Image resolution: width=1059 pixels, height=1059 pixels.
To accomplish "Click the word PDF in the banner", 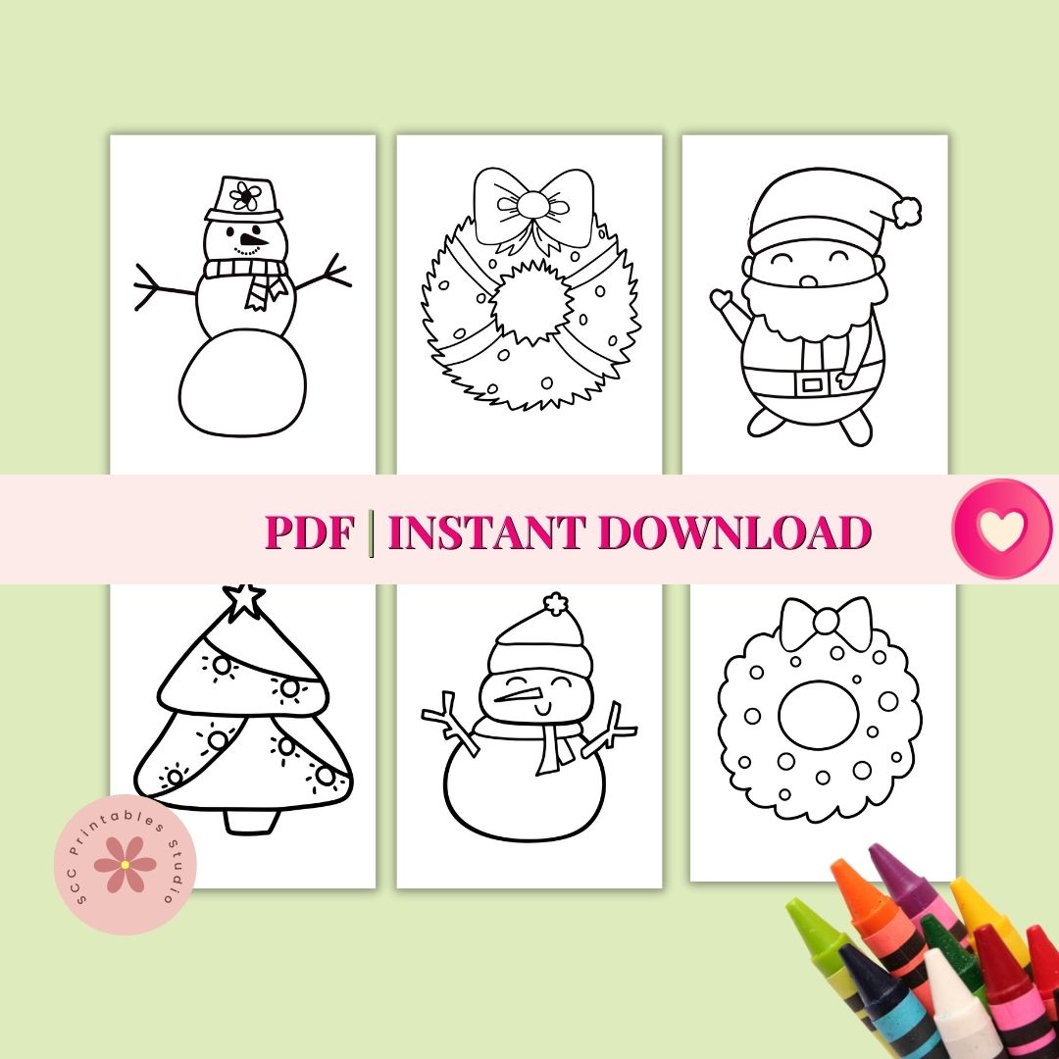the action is coord(309,531).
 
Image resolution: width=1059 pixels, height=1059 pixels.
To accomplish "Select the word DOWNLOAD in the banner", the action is coord(734,531).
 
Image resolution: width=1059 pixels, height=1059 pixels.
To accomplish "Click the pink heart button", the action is coord(1002,529).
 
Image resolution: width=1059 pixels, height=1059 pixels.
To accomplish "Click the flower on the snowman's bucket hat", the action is coord(244,196).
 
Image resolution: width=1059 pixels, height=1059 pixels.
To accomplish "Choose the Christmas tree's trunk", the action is coord(251,820).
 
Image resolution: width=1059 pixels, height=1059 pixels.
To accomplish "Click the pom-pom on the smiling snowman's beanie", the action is coord(555,604).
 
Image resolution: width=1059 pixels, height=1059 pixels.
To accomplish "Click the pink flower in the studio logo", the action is coord(125,864).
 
